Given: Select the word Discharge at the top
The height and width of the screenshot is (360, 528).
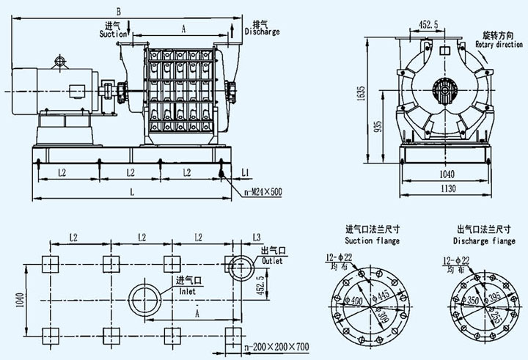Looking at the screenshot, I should tap(262, 32).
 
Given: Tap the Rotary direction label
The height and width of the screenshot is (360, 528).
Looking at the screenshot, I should tap(499, 45).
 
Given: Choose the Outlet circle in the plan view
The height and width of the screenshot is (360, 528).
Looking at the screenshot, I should tap(239, 265).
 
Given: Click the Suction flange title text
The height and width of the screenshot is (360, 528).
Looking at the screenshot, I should tap(372, 240).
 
